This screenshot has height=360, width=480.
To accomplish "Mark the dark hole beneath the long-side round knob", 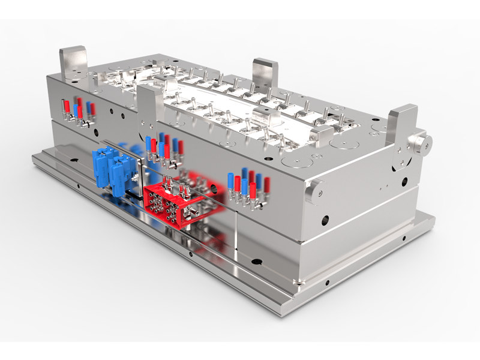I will tap(325, 221).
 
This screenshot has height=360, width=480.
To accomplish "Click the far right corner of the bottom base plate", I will tap(431, 218).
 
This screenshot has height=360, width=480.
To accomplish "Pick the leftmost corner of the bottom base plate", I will tap(34, 157).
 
